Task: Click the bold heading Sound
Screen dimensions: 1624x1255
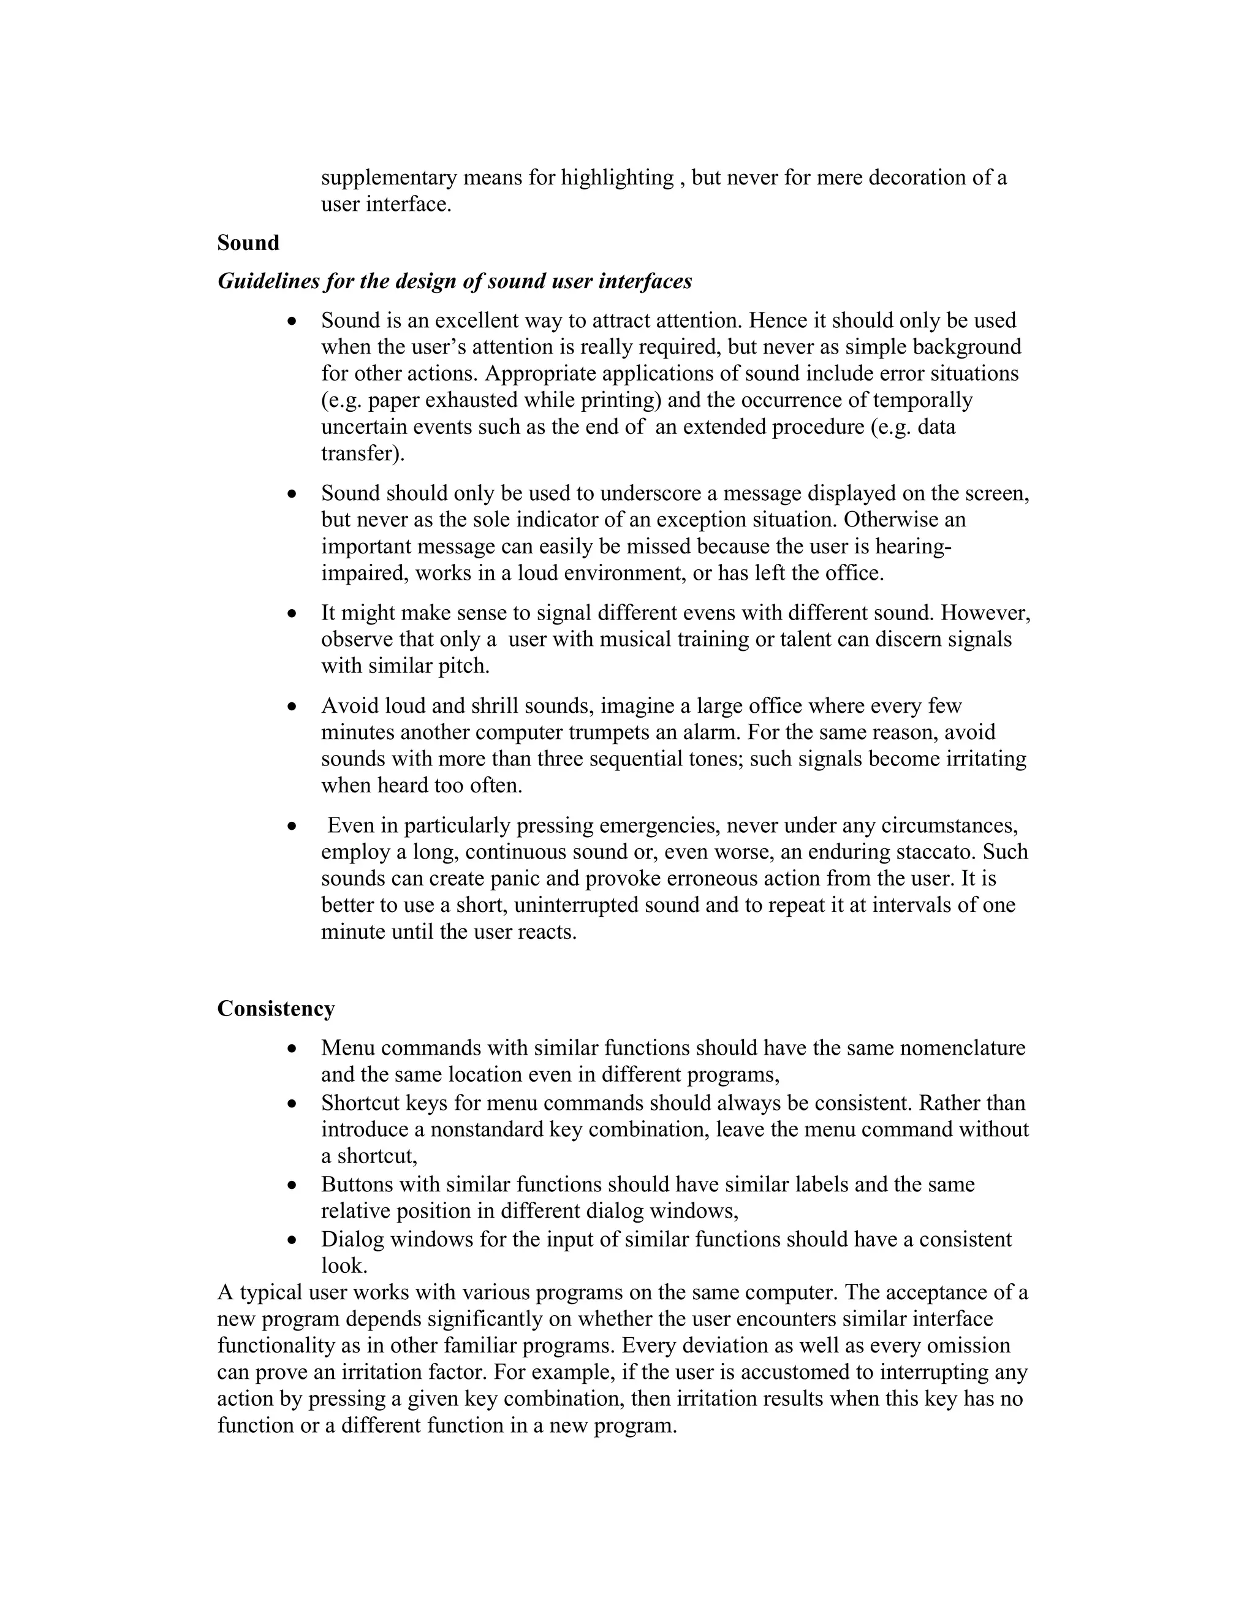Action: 248,243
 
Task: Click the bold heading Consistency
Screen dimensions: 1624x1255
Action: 276,1009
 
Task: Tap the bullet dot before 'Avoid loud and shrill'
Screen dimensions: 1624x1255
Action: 292,707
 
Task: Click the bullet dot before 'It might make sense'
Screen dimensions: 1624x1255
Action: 292,613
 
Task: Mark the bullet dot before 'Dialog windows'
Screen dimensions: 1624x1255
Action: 292,1240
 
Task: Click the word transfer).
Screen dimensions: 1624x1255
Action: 363,453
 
